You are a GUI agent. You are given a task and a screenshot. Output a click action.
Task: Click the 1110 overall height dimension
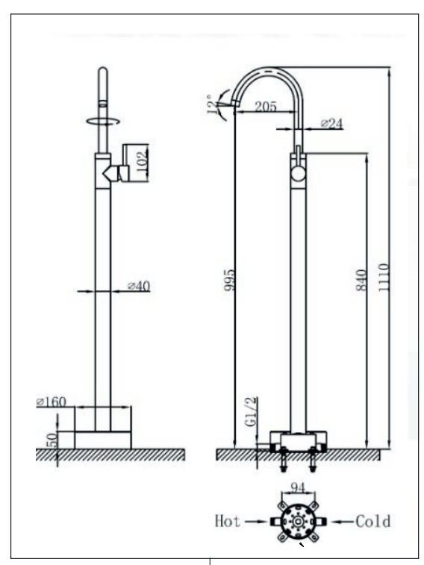[x=384, y=277]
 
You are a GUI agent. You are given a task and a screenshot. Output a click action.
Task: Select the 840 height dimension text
[x=361, y=280]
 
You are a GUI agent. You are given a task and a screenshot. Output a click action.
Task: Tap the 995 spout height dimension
[x=229, y=280]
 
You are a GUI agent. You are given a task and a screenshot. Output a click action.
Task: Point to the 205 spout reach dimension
[x=266, y=107]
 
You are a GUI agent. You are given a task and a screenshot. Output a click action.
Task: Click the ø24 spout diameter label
[x=331, y=124]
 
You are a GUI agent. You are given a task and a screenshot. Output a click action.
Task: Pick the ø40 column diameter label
[x=139, y=286]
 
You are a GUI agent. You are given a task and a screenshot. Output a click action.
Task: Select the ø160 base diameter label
[x=52, y=402]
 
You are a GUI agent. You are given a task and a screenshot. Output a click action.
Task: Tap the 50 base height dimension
[x=52, y=440]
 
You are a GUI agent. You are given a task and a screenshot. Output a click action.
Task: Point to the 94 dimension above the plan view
[x=298, y=488]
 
